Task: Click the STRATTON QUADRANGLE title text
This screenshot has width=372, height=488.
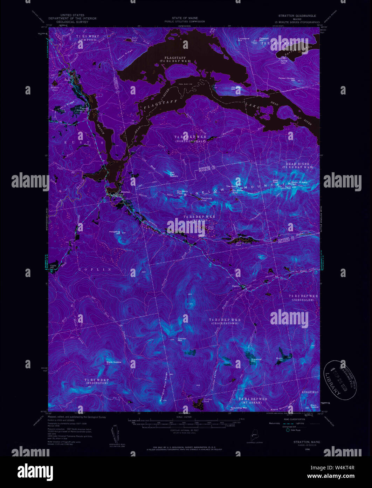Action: click(297, 16)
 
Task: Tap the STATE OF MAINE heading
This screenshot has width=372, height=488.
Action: click(185, 18)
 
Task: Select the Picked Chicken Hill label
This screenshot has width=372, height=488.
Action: click(287, 79)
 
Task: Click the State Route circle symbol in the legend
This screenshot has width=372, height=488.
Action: click(288, 430)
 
